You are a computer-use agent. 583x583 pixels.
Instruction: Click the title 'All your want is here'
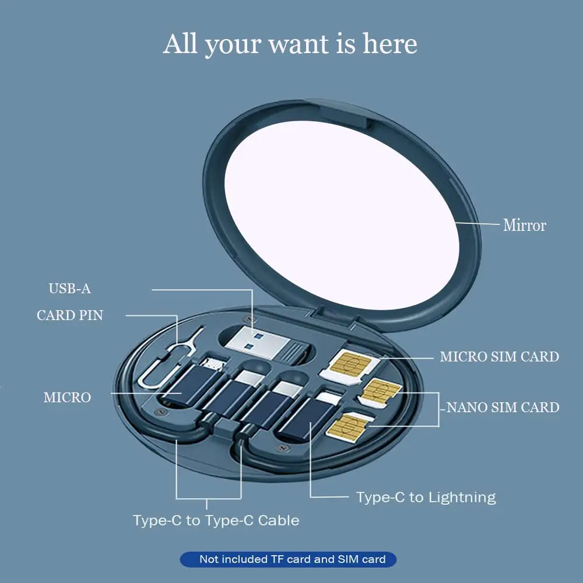coord(290,45)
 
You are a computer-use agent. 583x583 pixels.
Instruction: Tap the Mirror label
coord(525,225)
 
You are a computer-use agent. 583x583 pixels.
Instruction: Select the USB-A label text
coord(69,289)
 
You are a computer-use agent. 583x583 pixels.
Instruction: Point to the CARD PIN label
coord(70,315)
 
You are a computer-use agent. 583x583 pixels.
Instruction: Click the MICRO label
coord(67,398)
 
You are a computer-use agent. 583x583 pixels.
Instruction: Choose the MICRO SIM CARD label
coord(499,356)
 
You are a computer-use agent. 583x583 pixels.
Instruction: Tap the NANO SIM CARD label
coord(503,407)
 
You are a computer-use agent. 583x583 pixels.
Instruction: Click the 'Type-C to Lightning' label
coord(426,497)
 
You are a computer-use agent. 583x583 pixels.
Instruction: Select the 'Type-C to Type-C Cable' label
coord(216,520)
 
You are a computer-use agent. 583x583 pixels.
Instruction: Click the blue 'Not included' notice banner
coord(288,560)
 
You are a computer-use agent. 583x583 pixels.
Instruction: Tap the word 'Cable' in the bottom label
coord(279,520)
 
